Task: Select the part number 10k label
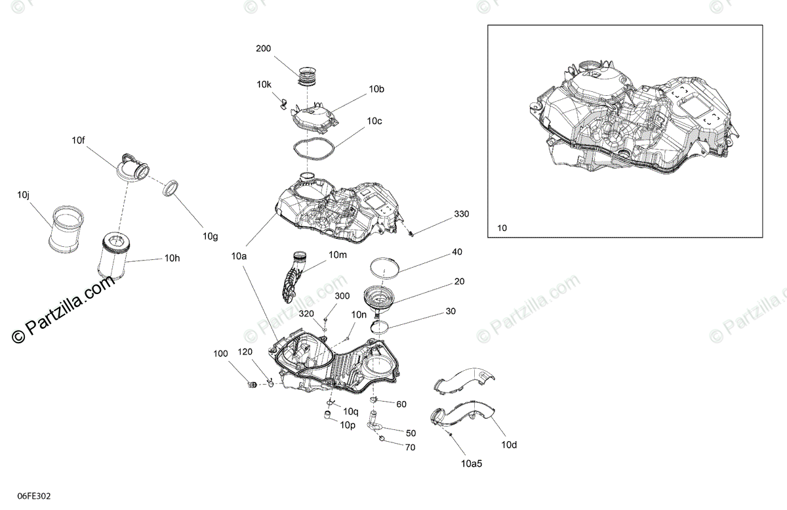tap(264, 84)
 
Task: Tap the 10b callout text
tap(376, 89)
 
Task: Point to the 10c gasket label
tap(374, 121)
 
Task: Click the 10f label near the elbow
tap(79, 140)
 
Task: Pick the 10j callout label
tap(24, 195)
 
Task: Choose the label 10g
tap(209, 236)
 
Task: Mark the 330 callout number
tap(461, 215)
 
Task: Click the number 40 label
tap(456, 252)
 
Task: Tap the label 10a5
tap(471, 464)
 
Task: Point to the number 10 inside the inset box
tap(502, 228)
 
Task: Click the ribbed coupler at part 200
tap(308, 76)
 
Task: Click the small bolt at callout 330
tap(410, 232)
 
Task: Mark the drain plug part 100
tap(250, 384)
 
